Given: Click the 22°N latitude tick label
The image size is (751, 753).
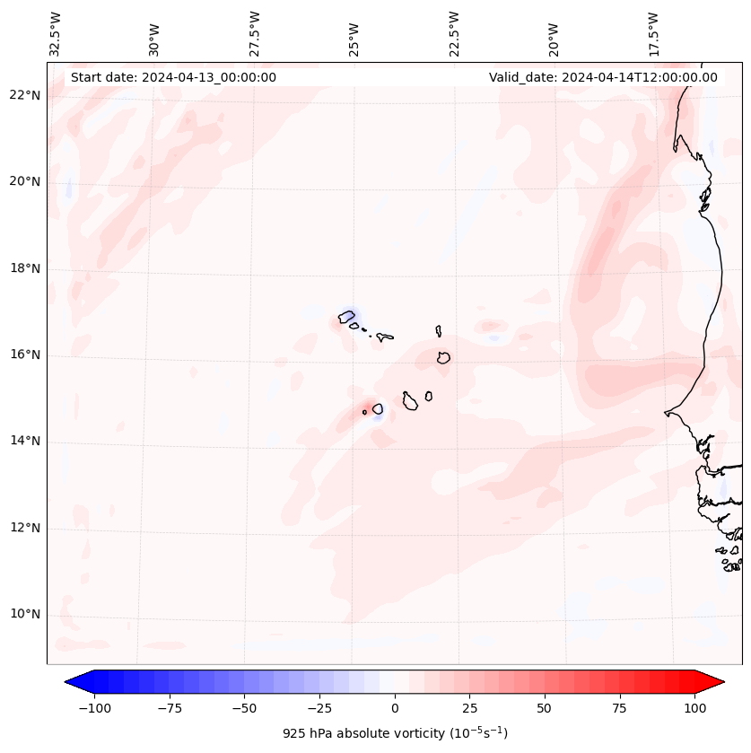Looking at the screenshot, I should coord(24,95).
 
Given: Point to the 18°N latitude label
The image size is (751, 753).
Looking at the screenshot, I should coord(24,268).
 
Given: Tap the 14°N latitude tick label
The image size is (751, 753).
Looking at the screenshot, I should coord(24,441).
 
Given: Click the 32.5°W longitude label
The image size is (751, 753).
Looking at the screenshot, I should coord(56,34).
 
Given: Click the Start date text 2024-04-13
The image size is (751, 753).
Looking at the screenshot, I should coord(173,77).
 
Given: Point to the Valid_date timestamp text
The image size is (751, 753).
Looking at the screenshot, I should coord(603,77).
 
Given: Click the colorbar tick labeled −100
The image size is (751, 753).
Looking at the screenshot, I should coord(94,708).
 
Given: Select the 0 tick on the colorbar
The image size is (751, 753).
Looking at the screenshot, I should coord(395,708).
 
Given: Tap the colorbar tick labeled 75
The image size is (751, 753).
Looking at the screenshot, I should coord(619,708).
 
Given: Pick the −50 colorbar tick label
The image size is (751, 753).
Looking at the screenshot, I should coord(244,708).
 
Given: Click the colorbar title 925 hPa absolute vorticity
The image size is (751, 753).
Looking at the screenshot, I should coord(395,733).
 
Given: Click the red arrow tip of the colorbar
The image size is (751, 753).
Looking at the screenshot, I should coord(714,682).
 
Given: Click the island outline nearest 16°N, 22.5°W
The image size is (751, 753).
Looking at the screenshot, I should coord(443,357).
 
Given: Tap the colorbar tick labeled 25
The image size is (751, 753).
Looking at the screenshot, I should coord(469,708).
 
